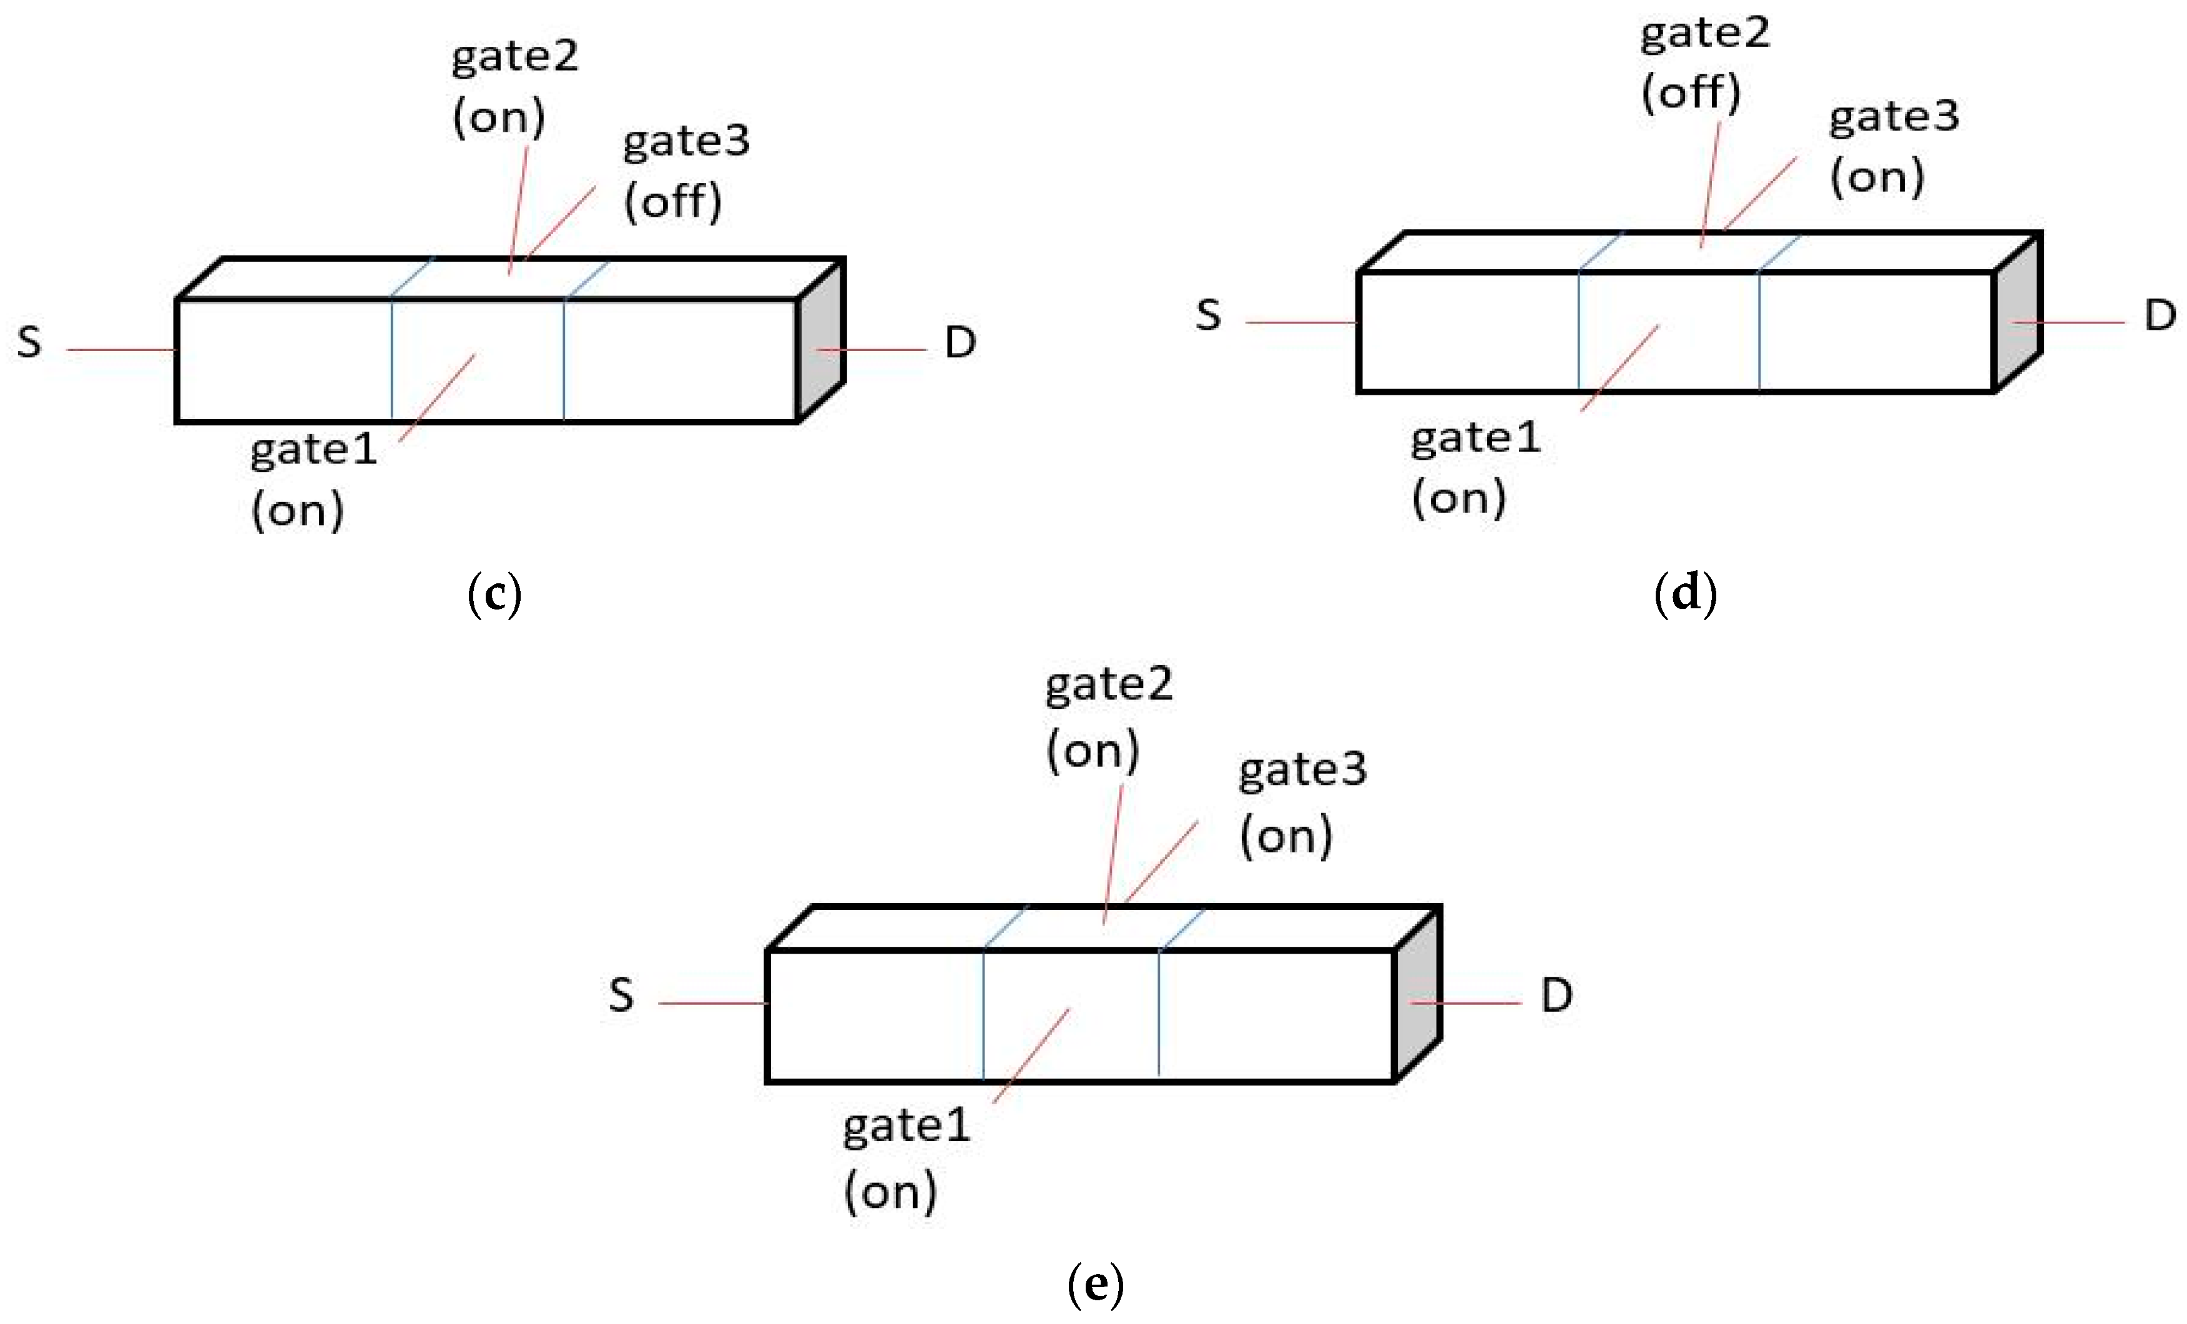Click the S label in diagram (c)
[x=29, y=342]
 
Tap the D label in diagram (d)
[x=2160, y=315]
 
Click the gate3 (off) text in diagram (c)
[x=686, y=171]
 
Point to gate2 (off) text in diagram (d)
[x=1703, y=62]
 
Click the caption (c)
[x=493, y=593]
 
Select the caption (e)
[x=1095, y=1284]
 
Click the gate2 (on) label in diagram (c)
[x=513, y=86]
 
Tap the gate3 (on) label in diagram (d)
[x=1892, y=147]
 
